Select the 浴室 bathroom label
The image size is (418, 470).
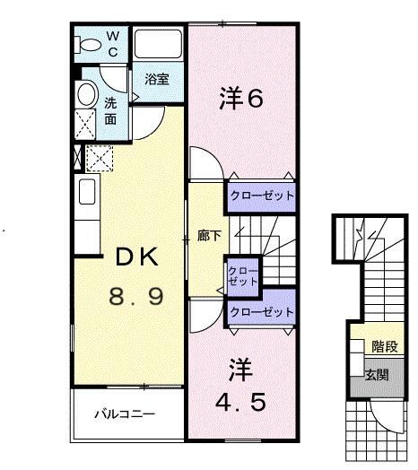(158, 79)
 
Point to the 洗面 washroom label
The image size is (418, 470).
(110, 109)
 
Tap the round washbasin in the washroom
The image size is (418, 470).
(87, 93)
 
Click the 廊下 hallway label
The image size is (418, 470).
(205, 239)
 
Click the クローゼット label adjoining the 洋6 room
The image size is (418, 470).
(261, 195)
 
